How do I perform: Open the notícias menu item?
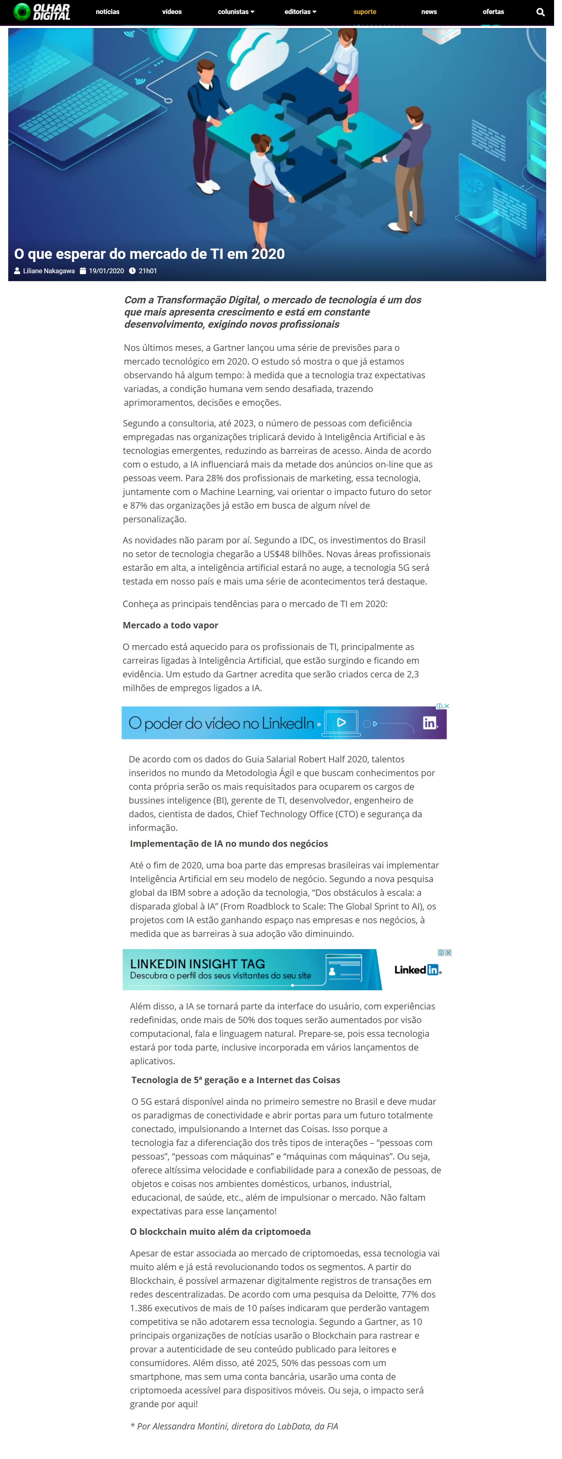pos(108,12)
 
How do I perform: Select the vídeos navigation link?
pos(172,12)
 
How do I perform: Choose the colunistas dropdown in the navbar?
pos(236,12)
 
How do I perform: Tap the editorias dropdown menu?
pos(300,12)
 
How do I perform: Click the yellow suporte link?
pos(364,12)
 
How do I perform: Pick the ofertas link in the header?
pos(493,12)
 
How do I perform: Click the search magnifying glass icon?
pos(540,12)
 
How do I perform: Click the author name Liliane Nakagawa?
pos(49,271)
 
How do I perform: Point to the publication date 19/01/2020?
pos(106,271)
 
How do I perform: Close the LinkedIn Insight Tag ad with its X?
pos(448,953)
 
